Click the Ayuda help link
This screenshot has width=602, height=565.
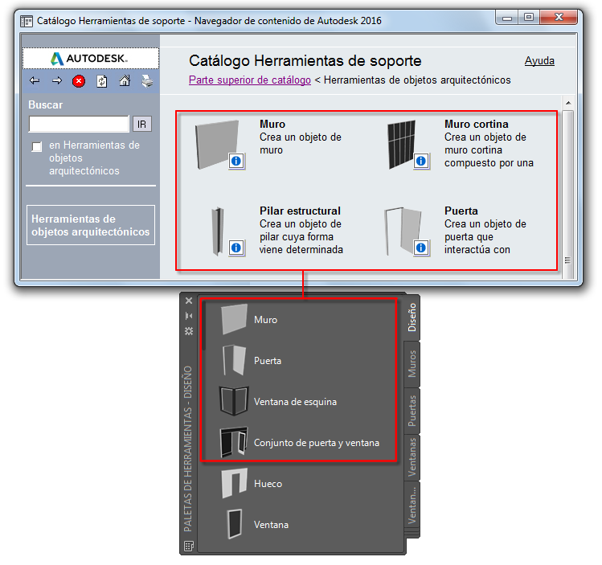click(x=539, y=60)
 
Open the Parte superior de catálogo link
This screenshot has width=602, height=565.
click(x=250, y=80)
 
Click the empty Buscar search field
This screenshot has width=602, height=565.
click(x=79, y=124)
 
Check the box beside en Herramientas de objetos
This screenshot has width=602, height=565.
click(x=37, y=146)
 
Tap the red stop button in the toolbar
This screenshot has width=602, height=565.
click(x=79, y=81)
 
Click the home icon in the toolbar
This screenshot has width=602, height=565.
click(x=125, y=80)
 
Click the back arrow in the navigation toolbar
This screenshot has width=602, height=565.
click(x=35, y=80)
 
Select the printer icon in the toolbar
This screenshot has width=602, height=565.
click(x=147, y=80)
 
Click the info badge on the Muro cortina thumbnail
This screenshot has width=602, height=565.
click(x=421, y=161)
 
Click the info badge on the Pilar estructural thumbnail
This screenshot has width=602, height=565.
click(x=236, y=248)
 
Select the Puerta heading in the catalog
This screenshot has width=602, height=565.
click(x=461, y=211)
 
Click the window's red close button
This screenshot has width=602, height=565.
click(x=559, y=17)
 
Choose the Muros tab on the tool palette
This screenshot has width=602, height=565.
click(x=412, y=364)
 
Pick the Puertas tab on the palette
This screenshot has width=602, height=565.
click(x=412, y=411)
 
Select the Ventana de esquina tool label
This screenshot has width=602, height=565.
click(x=295, y=402)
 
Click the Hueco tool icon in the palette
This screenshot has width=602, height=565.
click(x=234, y=483)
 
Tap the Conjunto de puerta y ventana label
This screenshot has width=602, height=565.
click(x=317, y=443)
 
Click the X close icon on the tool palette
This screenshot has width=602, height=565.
click(x=189, y=301)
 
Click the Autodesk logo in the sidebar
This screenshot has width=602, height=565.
click(x=89, y=59)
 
